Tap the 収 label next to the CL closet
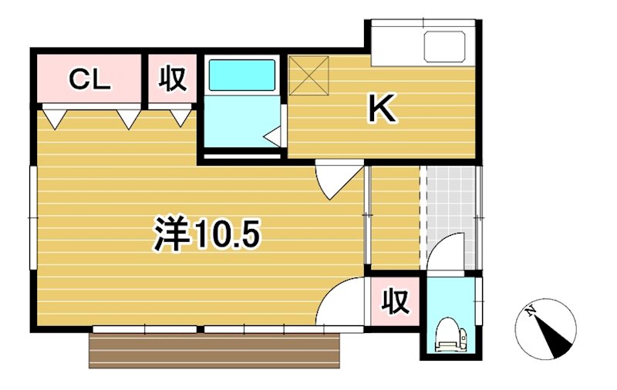tap(173, 79)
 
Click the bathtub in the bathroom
tap(242, 75)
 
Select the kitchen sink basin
tap(445, 48)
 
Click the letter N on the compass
tap(531, 311)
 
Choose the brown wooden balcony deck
tap(215, 351)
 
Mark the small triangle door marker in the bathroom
tap(272, 136)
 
